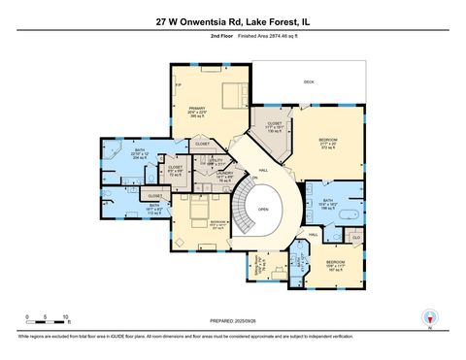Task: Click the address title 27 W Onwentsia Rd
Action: [x=232, y=18]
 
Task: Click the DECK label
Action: [x=309, y=82]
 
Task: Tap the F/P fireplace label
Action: [x=177, y=85]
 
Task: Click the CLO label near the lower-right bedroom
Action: [x=355, y=237]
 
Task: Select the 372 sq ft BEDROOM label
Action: [x=327, y=142]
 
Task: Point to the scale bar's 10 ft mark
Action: [x=64, y=317]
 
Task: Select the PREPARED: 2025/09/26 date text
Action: [x=232, y=321]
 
